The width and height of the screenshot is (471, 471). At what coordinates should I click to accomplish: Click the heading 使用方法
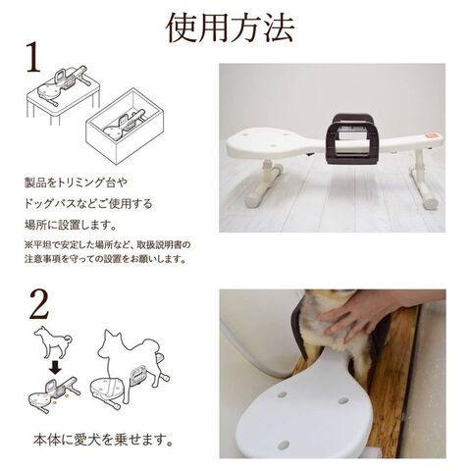pyautogui.click(x=231, y=28)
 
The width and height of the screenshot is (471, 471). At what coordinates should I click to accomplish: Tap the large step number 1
pyautogui.click(x=34, y=58)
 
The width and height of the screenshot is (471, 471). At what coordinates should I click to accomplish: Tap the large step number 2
pyautogui.click(x=39, y=304)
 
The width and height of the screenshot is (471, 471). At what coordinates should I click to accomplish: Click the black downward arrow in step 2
pyautogui.click(x=55, y=367)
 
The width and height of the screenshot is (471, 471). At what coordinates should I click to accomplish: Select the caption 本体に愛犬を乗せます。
pyautogui.click(x=103, y=440)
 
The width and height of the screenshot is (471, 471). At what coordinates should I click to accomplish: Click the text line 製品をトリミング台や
pyautogui.click(x=76, y=183)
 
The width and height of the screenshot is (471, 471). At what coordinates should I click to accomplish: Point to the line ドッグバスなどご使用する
pyautogui.click(x=88, y=204)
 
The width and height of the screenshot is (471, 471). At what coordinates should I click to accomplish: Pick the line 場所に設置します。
pyautogui.click(x=71, y=225)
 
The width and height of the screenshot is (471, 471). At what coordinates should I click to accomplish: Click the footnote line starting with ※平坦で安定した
pyautogui.click(x=108, y=244)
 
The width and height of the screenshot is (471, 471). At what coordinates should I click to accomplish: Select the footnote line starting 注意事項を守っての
pyautogui.click(x=106, y=259)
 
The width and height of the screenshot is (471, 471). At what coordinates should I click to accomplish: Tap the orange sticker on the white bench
pyautogui.click(x=431, y=136)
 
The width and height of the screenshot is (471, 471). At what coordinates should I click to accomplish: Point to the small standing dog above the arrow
pyautogui.click(x=53, y=341)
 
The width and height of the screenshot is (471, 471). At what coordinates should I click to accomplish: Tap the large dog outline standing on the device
pyautogui.click(x=131, y=355)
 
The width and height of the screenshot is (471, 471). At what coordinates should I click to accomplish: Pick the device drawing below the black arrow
pyautogui.click(x=54, y=394)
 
